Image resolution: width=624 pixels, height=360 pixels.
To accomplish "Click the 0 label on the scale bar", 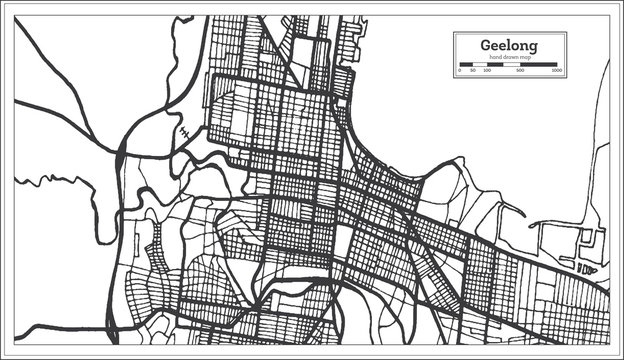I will click(x=460, y=71).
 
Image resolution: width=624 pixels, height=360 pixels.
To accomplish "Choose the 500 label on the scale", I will click(x=520, y=71).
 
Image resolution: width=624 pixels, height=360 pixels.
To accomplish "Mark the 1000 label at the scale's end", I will click(x=556, y=71).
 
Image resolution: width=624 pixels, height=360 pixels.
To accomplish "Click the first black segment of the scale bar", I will click(x=466, y=64).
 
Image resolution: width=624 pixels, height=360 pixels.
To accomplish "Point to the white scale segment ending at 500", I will click(x=510, y=64).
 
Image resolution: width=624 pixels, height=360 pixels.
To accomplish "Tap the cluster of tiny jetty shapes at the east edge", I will click(x=586, y=268).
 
